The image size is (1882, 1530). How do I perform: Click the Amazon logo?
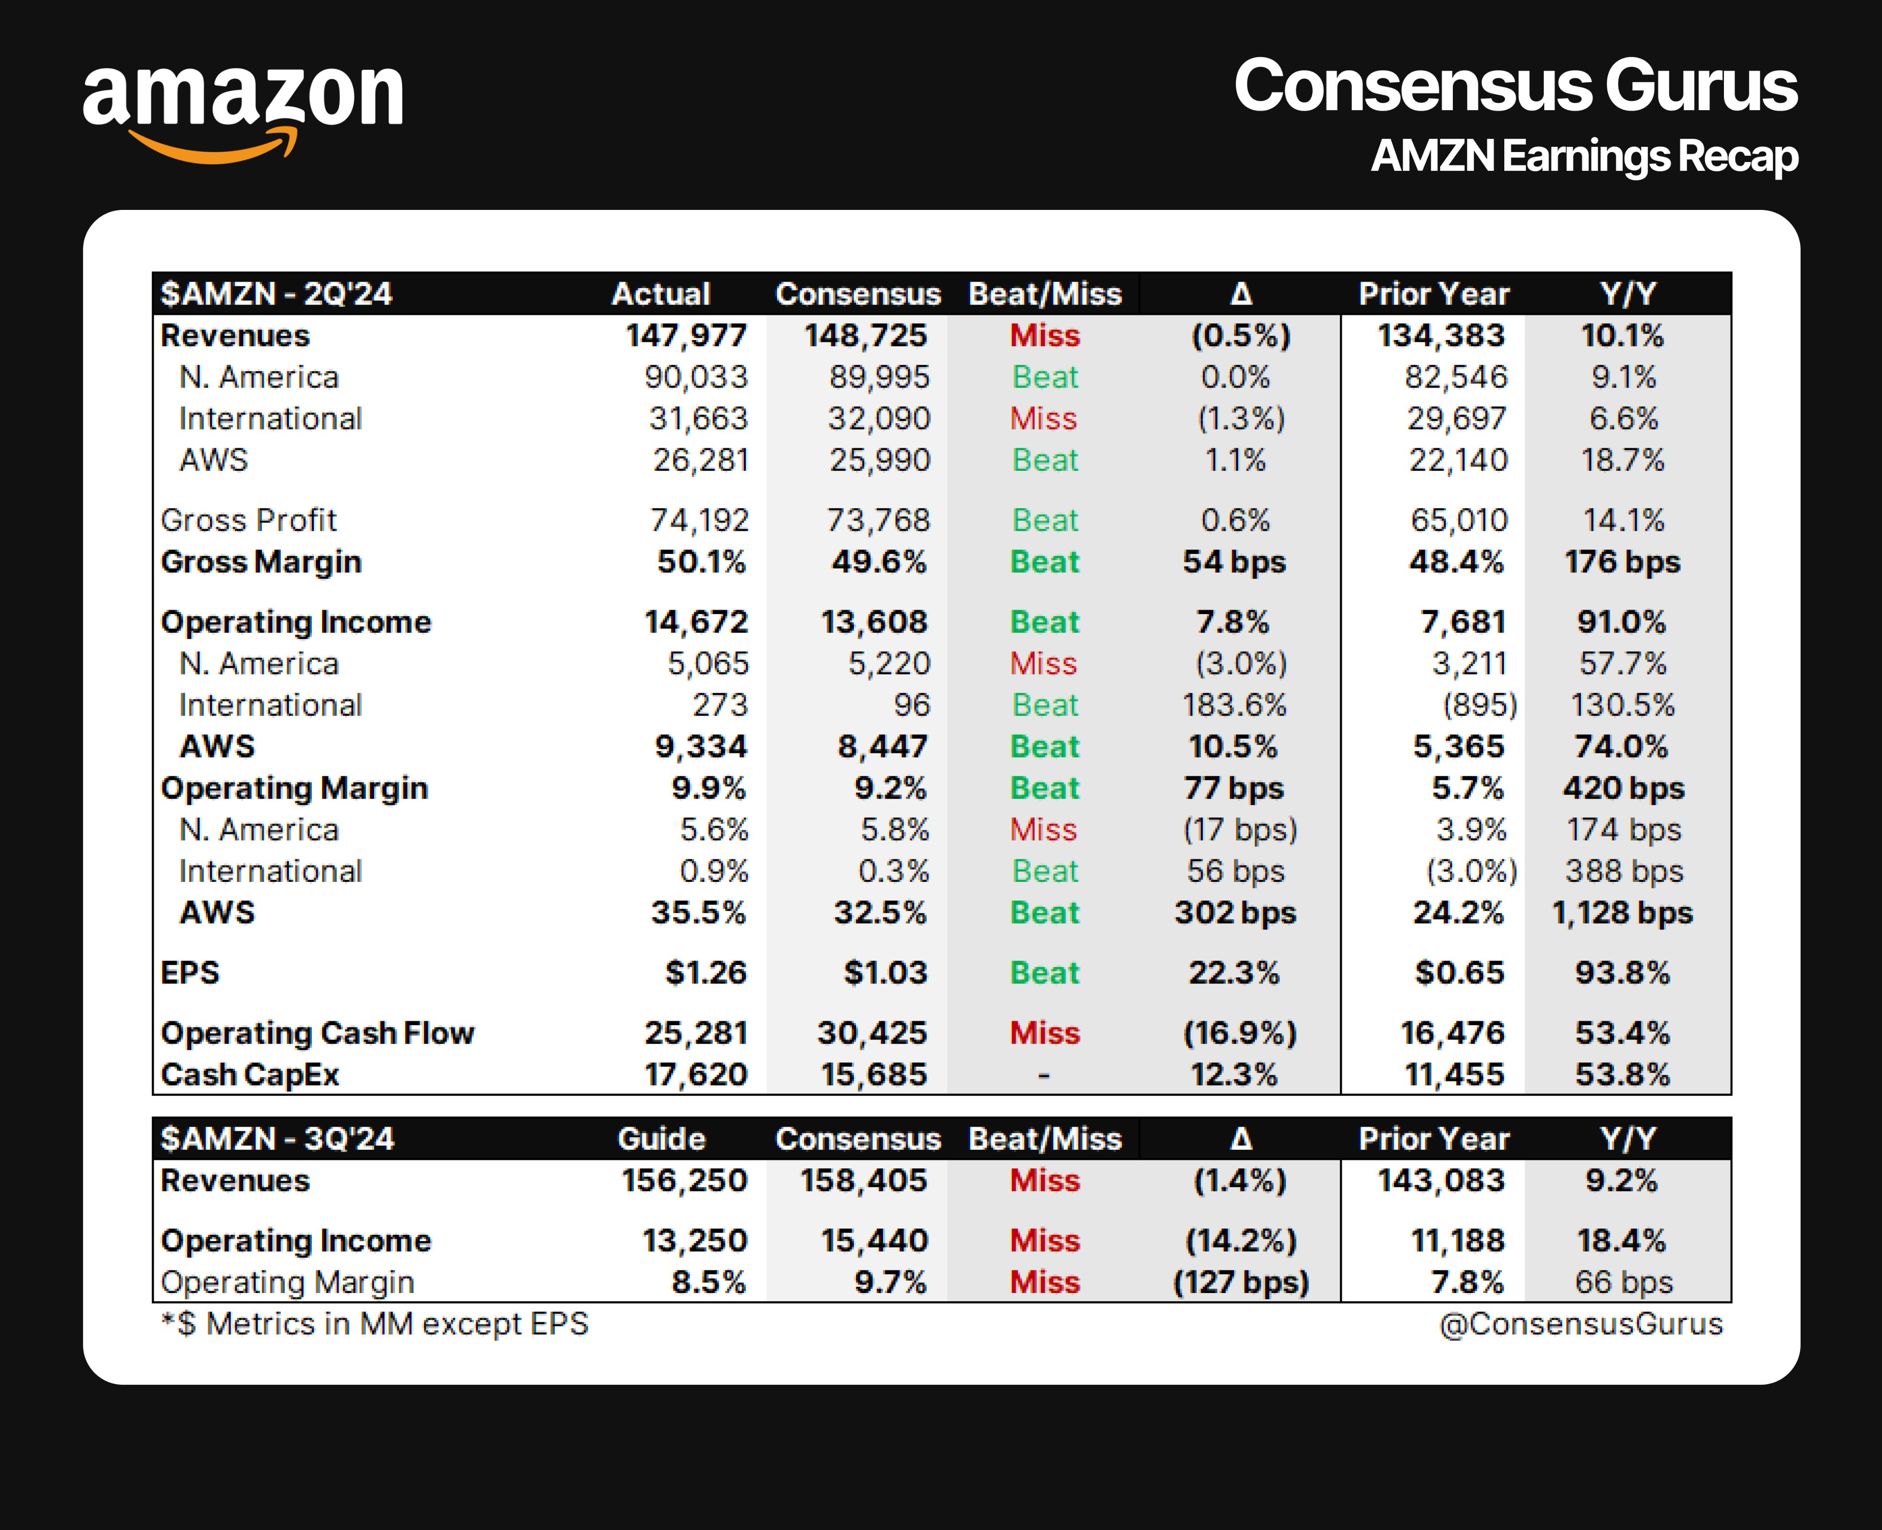[243, 110]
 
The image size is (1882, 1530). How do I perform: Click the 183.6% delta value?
[1234, 705]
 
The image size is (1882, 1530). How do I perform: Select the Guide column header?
[661, 1139]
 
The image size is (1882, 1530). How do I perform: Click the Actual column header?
[661, 294]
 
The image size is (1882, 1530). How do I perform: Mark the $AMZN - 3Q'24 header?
[278, 1139]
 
